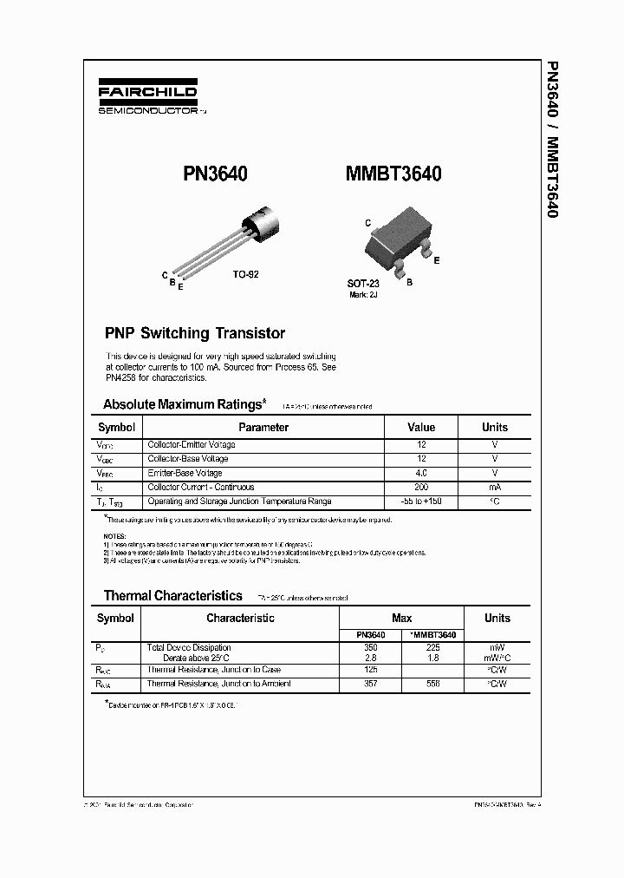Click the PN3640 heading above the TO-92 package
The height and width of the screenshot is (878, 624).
215,174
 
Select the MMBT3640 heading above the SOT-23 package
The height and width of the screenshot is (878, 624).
393,174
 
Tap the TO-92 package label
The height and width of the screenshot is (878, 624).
245,273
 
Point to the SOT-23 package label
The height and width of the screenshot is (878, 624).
364,283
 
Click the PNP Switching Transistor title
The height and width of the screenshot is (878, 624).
194,333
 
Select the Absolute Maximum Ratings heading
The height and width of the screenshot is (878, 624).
182,404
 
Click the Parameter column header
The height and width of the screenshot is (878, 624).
263,427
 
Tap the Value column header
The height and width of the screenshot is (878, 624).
421,427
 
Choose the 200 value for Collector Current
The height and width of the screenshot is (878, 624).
421,488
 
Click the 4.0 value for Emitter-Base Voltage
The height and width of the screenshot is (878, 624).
421,473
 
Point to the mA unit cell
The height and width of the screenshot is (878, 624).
494,488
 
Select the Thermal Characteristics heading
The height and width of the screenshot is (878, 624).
172,595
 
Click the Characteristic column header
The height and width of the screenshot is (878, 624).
240,618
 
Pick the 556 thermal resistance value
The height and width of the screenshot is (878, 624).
432,684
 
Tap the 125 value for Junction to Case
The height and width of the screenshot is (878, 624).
370,670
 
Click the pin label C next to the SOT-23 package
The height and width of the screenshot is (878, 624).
367,223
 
